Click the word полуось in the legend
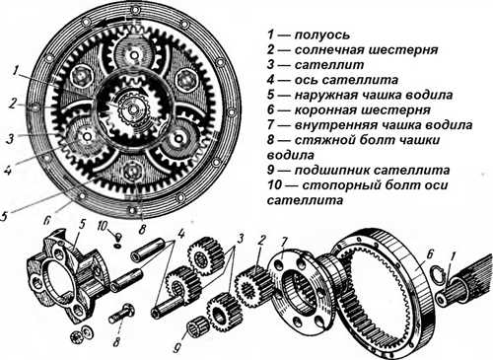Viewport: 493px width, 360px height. click(x=322, y=35)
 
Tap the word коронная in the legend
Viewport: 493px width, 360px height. click(x=325, y=109)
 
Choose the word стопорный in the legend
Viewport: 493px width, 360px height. click(x=338, y=185)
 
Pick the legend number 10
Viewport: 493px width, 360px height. click(x=274, y=185)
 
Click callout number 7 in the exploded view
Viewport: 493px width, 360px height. click(x=283, y=244)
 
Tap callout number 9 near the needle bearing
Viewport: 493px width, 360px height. click(x=176, y=348)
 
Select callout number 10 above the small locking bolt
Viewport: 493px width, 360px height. click(x=103, y=227)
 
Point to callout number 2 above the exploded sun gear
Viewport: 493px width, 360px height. click(x=261, y=241)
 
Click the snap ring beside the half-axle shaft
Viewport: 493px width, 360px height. click(x=438, y=274)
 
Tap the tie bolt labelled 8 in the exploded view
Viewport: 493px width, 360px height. click(x=122, y=314)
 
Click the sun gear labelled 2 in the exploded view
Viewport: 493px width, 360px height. click(x=252, y=285)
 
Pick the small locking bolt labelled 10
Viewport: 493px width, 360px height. click(x=117, y=241)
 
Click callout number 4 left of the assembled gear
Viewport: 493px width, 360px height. click(x=9, y=172)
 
